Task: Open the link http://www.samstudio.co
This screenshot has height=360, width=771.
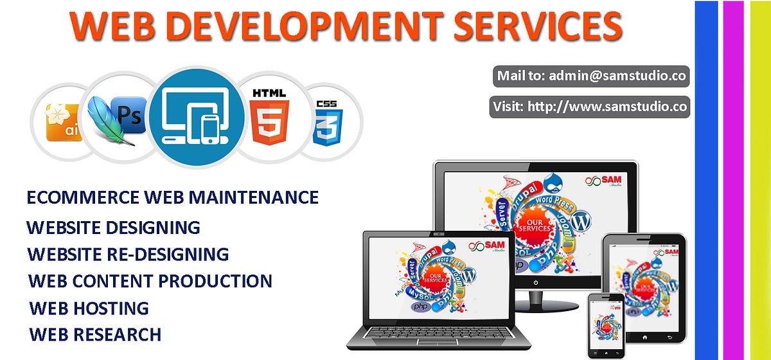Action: coord(607,106)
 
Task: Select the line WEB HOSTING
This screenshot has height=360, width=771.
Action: coord(89,308)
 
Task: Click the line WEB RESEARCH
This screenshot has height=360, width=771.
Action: coord(95,334)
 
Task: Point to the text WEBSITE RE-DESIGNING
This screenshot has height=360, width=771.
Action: coord(128,254)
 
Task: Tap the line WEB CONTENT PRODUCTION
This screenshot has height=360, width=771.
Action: coord(150,281)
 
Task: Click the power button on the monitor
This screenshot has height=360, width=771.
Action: coord(536,282)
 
